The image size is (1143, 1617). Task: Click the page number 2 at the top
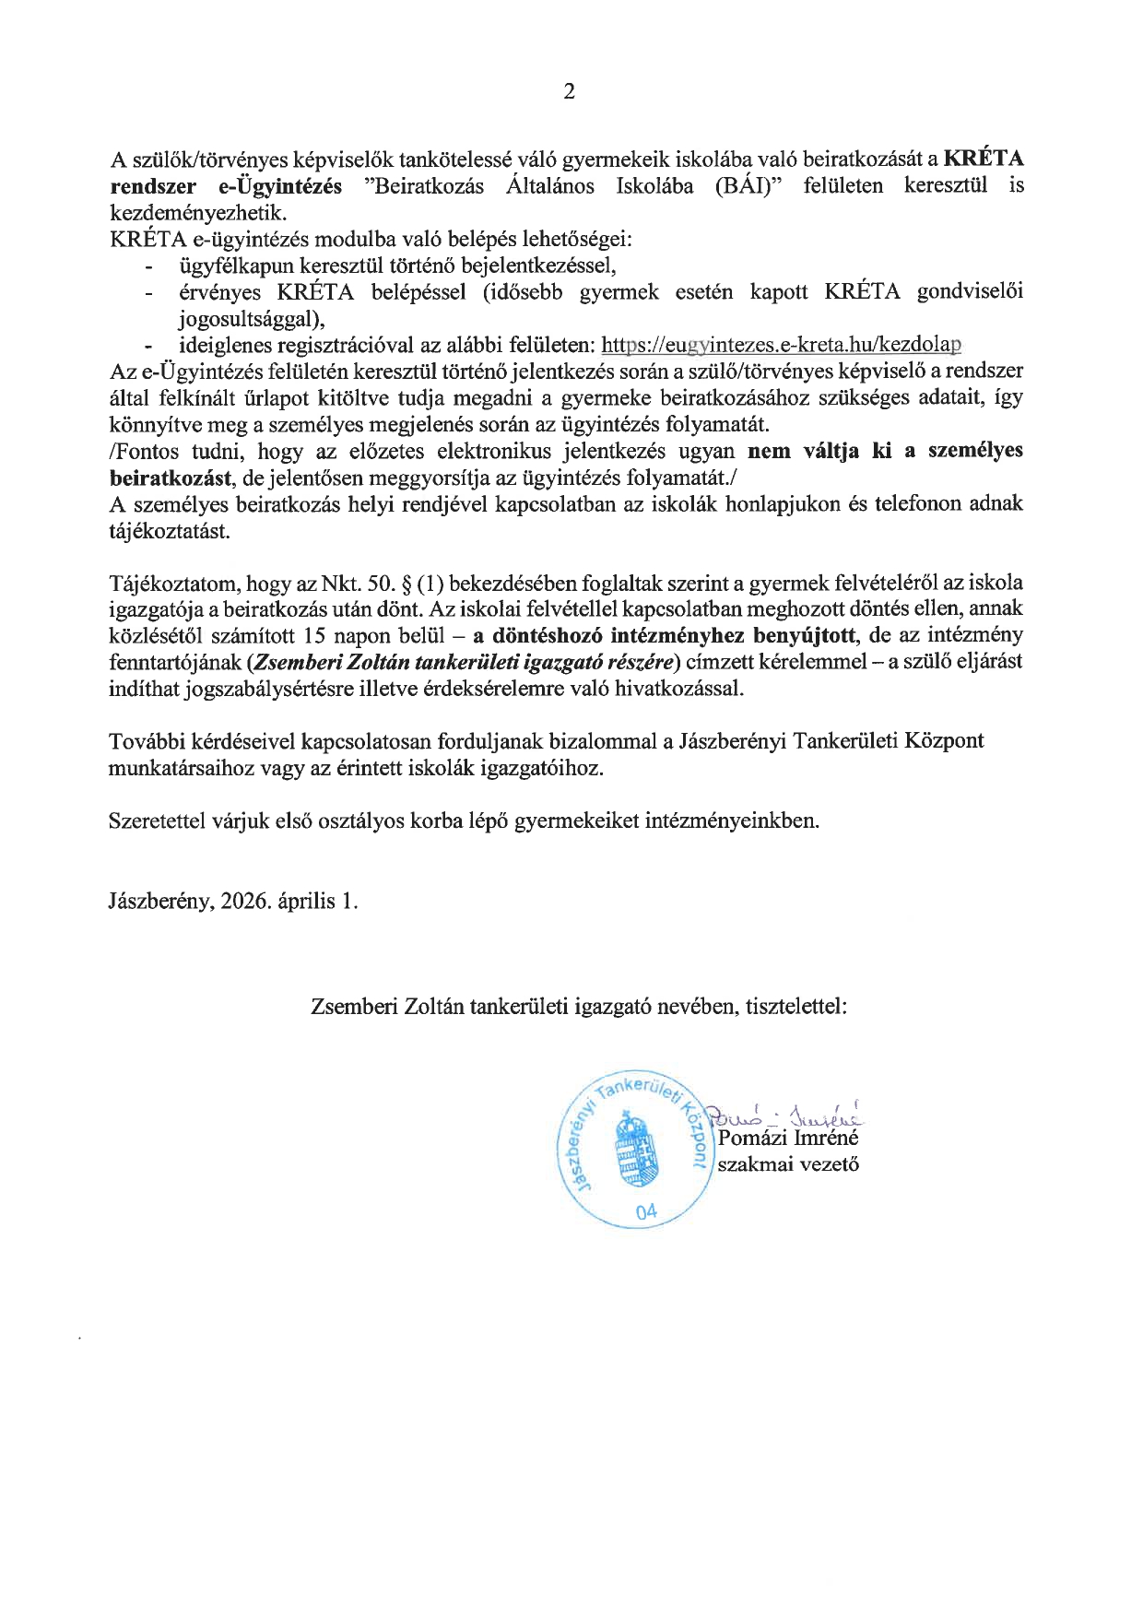click(x=569, y=91)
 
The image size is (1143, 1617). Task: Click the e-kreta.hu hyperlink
click(x=781, y=346)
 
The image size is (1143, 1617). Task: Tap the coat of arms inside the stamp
click(x=632, y=1150)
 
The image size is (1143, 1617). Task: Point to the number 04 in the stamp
click(x=646, y=1211)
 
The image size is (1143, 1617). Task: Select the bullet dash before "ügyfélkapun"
click(x=147, y=267)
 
